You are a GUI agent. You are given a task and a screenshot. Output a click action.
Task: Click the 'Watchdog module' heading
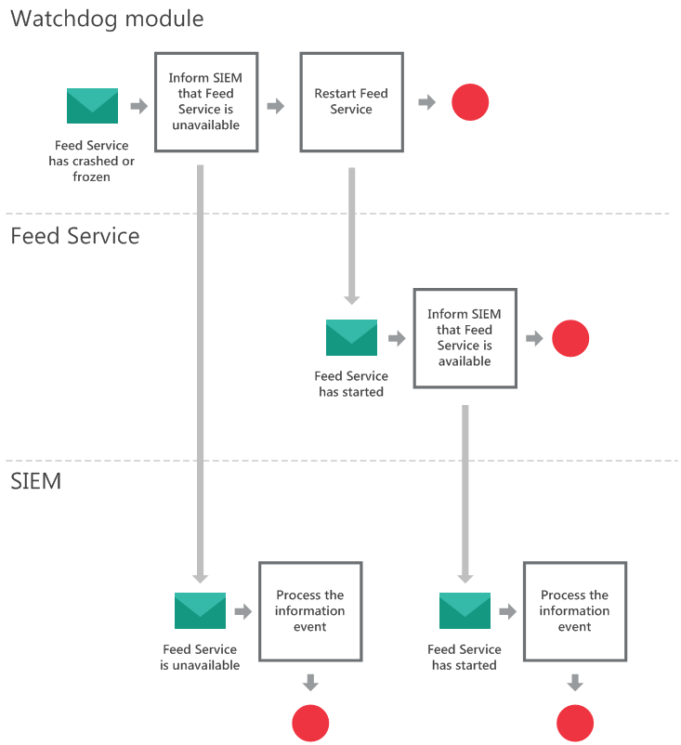107,19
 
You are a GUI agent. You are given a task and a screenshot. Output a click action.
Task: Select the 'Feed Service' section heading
75,236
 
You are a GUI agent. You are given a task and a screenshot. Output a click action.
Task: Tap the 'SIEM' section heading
36,481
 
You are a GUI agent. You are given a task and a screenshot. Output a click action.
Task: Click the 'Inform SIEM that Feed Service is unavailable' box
205,101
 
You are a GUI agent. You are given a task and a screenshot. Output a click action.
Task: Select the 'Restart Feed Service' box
351,101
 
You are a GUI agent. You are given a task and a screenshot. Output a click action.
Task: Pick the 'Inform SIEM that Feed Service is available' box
465,337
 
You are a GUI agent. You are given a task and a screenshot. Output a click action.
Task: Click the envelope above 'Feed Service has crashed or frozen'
92,106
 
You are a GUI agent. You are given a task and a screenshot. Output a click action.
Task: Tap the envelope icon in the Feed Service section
351,338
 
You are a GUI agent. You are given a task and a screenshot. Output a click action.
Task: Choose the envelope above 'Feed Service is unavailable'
200,611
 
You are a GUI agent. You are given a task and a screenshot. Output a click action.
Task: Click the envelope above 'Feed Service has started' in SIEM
465,611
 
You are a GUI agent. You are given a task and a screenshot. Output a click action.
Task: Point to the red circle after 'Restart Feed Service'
470,102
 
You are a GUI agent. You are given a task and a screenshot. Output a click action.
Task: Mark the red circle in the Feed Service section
570,338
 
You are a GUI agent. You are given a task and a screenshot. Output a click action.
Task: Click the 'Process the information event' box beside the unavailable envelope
310,611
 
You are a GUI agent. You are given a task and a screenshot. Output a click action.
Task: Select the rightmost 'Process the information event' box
574,611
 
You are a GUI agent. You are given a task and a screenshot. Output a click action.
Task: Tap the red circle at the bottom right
575,723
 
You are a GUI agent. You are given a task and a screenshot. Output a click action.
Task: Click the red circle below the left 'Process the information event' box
310,723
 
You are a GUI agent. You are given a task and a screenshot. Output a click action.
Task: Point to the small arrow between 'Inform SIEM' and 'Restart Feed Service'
276,106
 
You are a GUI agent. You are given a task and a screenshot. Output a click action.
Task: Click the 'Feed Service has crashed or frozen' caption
92,161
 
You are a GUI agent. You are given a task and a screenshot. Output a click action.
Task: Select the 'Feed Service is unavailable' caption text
200,658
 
